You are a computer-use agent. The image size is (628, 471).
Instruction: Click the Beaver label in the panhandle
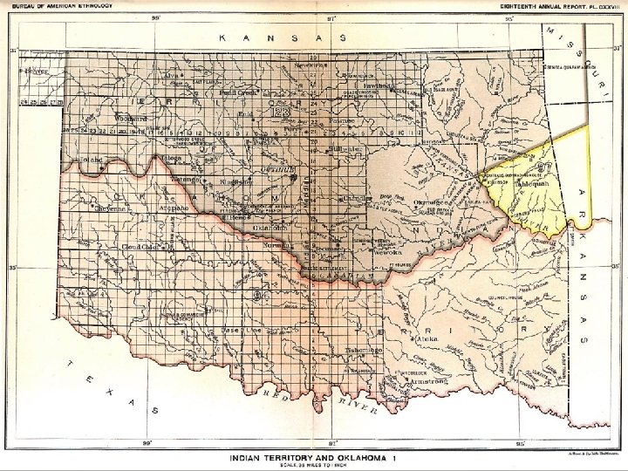click(36, 71)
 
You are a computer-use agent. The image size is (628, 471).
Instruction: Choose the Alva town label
click(171, 76)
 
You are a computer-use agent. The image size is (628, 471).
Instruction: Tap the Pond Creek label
click(237, 91)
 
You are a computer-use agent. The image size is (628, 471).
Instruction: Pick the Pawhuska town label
click(381, 86)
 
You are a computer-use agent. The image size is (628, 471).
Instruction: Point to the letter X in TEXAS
click(109, 392)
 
